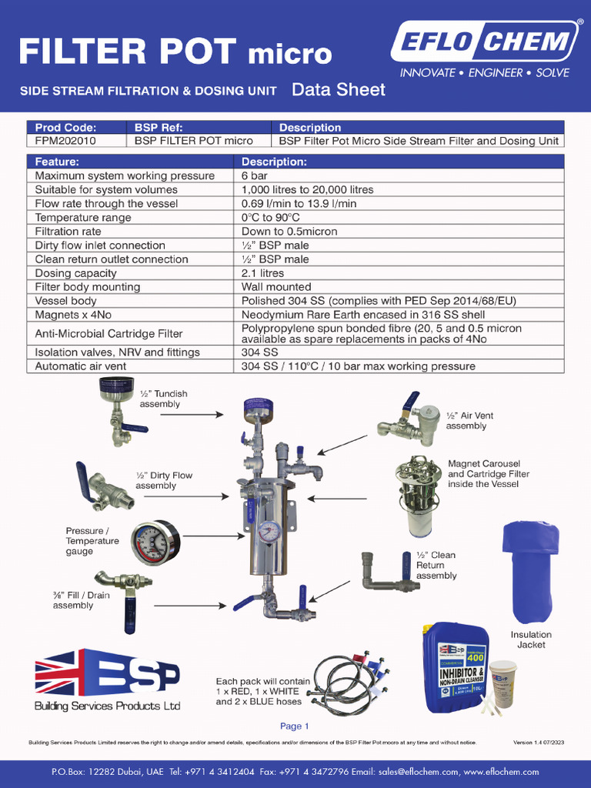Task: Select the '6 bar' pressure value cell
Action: [x=255, y=175]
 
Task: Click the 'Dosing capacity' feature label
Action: [x=76, y=273]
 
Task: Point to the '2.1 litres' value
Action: [x=262, y=273]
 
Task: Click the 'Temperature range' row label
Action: [x=83, y=217]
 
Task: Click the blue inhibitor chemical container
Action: [x=455, y=667]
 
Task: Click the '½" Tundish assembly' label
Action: [x=163, y=399]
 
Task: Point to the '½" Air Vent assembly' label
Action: [x=469, y=420]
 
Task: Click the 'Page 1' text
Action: [x=295, y=726]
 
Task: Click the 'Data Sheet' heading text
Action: [x=339, y=90]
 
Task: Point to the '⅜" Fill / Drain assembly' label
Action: [x=82, y=600]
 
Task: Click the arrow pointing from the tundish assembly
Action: [x=199, y=414]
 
